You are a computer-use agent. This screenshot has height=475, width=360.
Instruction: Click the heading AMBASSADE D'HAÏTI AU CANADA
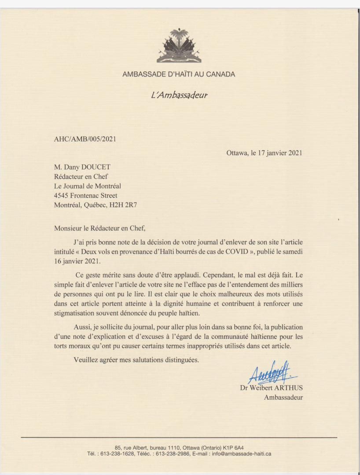(179, 74)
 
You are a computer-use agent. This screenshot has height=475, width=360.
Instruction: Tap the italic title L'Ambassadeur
(179, 95)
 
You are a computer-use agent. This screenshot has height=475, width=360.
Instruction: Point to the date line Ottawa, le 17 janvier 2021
(264, 153)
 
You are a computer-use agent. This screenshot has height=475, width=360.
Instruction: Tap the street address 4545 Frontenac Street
(86, 195)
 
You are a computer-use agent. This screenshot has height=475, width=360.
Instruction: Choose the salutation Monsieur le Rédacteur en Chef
(99, 228)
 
